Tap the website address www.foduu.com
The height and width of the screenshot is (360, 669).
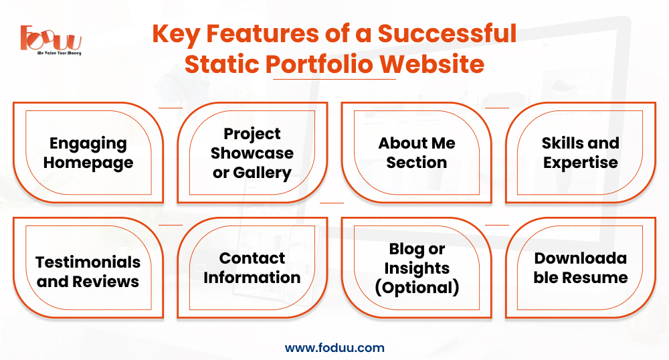(334, 348)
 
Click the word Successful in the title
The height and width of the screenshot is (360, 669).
(447, 33)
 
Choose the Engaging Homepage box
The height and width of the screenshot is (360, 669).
(88, 153)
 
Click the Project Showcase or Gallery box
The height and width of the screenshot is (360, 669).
(252, 153)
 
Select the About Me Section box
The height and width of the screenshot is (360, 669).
(416, 153)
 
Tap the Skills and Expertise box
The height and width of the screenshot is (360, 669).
(580, 153)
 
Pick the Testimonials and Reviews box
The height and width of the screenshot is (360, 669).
(88, 268)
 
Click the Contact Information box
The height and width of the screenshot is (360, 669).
(252, 268)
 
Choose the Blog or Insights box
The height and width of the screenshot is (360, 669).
(416, 268)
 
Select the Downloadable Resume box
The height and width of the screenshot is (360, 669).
(580, 268)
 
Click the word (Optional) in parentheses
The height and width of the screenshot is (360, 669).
(417, 288)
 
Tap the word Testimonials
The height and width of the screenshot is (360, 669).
(88, 262)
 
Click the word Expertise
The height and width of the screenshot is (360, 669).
(580, 163)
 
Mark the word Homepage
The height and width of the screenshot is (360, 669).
(88, 163)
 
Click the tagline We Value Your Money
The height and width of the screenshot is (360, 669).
(59, 54)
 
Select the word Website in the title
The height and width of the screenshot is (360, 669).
(432, 64)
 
